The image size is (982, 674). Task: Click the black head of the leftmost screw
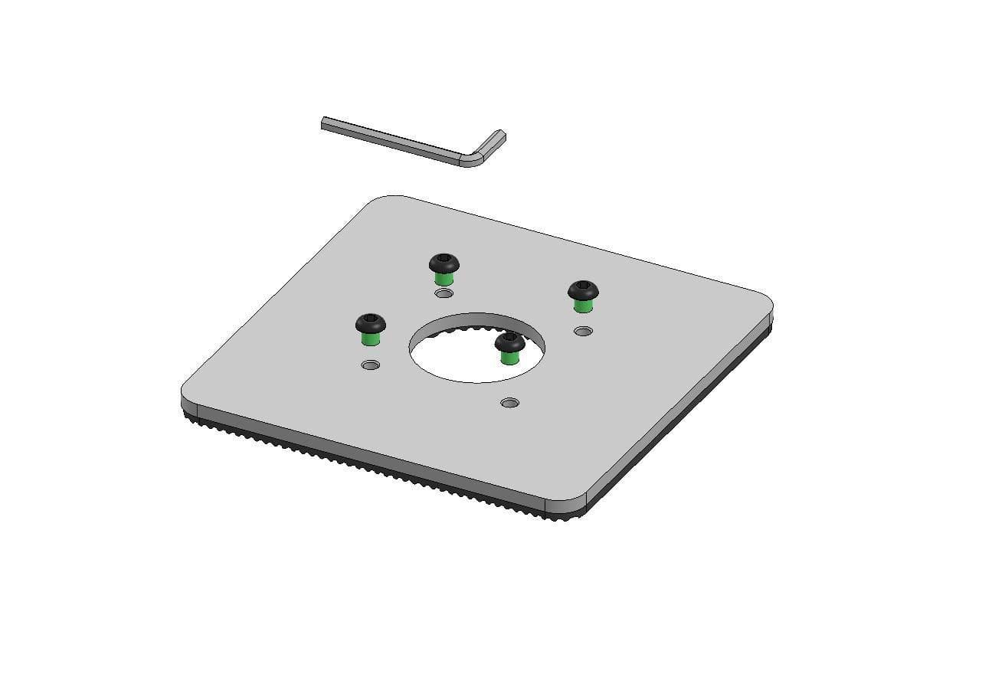click(371, 323)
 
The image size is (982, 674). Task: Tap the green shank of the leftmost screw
click(372, 339)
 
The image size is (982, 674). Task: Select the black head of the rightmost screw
click(583, 290)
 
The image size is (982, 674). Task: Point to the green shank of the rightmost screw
click(583, 306)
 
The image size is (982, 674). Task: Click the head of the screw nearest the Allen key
click(444, 263)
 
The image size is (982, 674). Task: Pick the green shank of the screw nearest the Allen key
click(444, 278)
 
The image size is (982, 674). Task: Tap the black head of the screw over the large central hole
click(509, 342)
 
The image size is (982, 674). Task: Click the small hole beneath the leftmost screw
click(371, 365)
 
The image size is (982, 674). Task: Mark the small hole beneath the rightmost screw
click(583, 331)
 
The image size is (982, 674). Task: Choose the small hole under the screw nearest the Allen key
click(444, 293)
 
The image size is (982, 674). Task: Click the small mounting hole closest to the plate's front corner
click(509, 402)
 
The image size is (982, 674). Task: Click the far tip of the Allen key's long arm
click(325, 123)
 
